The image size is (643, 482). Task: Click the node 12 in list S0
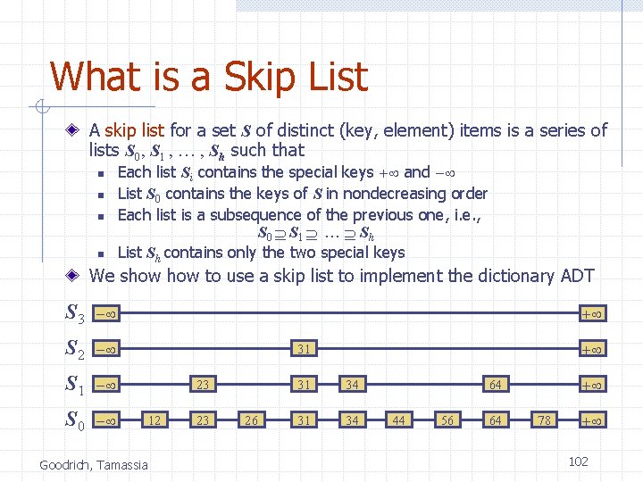coord(155,420)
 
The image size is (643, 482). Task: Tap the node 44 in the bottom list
coord(398,420)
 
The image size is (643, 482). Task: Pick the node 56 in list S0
coord(447,420)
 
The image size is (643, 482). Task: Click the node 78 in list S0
coord(543,420)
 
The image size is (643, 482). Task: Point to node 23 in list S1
coord(204,385)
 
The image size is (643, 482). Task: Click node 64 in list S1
coord(494,385)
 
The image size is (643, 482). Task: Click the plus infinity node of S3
coord(590,313)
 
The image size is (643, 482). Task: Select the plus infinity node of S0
coord(590,420)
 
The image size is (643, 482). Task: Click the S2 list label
coord(75,349)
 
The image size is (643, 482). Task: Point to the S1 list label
coord(75,385)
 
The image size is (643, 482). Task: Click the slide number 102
coord(578,461)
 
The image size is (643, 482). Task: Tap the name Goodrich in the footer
coord(65,464)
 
